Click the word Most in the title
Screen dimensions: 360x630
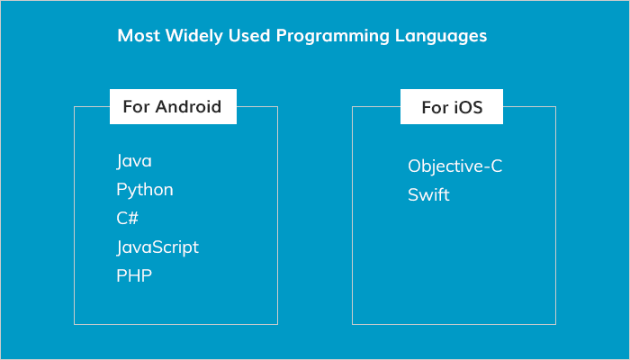tap(137, 37)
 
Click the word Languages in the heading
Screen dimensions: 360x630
tap(441, 37)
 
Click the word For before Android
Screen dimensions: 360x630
tap(138, 107)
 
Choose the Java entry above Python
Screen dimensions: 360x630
tap(134, 162)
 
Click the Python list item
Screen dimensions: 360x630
tap(145, 190)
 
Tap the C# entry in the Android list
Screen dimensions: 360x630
tap(127, 219)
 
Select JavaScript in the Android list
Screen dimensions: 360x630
tap(157, 247)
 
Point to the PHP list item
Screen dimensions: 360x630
tap(134, 275)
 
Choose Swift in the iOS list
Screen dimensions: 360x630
tap(428, 195)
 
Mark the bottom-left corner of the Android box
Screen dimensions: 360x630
tap(74, 324)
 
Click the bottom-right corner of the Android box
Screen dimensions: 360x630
tap(278, 324)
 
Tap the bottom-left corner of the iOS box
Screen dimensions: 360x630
tap(352, 324)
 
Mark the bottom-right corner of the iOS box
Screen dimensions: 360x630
tap(556, 324)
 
